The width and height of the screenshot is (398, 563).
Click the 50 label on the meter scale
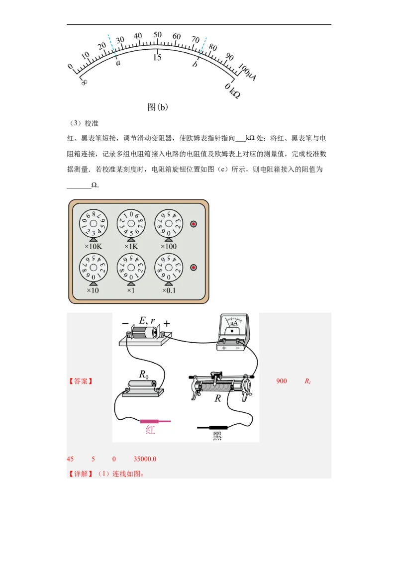point(157,35)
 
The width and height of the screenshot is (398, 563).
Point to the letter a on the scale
point(118,63)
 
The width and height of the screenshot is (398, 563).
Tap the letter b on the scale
point(195,65)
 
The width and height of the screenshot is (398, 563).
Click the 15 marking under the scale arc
point(157,57)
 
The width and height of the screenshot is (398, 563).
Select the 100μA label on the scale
point(247,72)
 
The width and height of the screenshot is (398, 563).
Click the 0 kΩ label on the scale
point(232,91)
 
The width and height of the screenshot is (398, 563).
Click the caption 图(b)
point(158,107)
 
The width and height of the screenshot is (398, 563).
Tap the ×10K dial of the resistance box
point(93,224)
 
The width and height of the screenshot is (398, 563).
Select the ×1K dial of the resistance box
point(131,224)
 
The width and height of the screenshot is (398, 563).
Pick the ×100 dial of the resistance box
point(169,224)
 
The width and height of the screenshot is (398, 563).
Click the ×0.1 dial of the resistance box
point(169,268)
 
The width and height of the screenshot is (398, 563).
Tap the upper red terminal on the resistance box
point(194,224)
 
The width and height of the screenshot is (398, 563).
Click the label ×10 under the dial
point(93,290)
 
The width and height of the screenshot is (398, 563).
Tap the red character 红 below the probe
point(150,430)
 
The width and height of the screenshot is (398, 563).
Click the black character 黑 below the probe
point(217,436)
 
